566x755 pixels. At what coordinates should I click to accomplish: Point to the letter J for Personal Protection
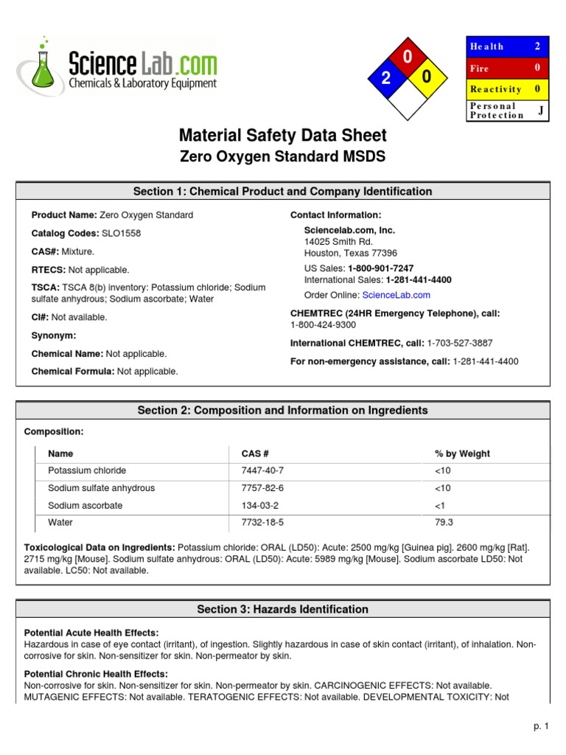point(540,111)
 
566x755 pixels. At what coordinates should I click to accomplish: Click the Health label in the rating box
point(486,46)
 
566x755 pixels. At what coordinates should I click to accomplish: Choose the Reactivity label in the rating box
point(495,89)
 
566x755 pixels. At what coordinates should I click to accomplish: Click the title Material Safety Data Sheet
point(282,136)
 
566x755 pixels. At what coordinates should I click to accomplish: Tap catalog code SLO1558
point(120,233)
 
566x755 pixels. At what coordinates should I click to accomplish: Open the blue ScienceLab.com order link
point(396,295)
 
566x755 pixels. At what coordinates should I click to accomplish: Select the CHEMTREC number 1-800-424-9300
point(323,324)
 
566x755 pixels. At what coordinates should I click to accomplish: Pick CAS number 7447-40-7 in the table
point(262,470)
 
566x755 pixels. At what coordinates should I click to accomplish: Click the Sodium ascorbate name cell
point(85,506)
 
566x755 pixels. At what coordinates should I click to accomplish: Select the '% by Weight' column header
point(462,453)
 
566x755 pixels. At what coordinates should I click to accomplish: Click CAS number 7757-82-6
point(262,488)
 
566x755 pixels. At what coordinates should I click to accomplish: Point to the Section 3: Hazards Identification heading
point(282,609)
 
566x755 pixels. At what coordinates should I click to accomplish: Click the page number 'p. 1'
point(542,727)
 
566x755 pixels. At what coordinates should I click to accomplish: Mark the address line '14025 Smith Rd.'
point(338,241)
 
